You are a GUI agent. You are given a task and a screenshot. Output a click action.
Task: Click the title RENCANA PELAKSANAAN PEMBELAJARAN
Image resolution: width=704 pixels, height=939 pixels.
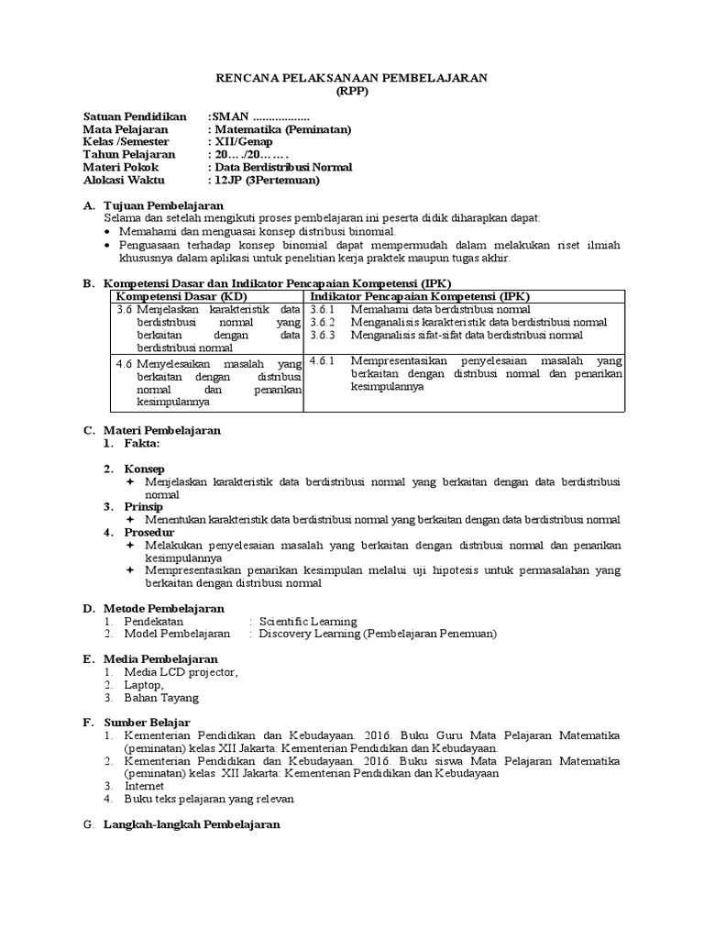point(351,80)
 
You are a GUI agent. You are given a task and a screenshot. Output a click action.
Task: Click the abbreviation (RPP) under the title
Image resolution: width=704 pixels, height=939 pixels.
point(351,93)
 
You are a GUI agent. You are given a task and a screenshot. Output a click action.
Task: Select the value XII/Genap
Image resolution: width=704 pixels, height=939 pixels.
point(238,142)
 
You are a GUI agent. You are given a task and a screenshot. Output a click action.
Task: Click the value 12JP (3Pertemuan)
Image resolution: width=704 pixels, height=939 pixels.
point(267,180)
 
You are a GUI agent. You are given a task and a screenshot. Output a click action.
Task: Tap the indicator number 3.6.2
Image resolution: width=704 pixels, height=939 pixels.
point(323,323)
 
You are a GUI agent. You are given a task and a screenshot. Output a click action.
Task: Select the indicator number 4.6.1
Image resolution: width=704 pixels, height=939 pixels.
point(323,361)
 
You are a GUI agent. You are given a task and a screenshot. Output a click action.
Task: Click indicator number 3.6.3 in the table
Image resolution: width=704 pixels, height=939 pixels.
point(323,336)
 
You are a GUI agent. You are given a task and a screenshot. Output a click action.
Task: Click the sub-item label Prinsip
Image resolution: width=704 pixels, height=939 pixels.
point(144,506)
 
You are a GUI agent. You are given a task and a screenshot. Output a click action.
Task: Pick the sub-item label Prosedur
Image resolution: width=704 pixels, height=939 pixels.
point(148,532)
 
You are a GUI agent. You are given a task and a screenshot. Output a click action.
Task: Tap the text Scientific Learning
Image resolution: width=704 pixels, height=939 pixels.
point(308,621)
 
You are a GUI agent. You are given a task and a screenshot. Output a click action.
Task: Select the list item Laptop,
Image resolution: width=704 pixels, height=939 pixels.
point(145,684)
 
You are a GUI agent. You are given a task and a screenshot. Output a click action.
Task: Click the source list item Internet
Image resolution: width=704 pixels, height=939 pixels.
point(145,786)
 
